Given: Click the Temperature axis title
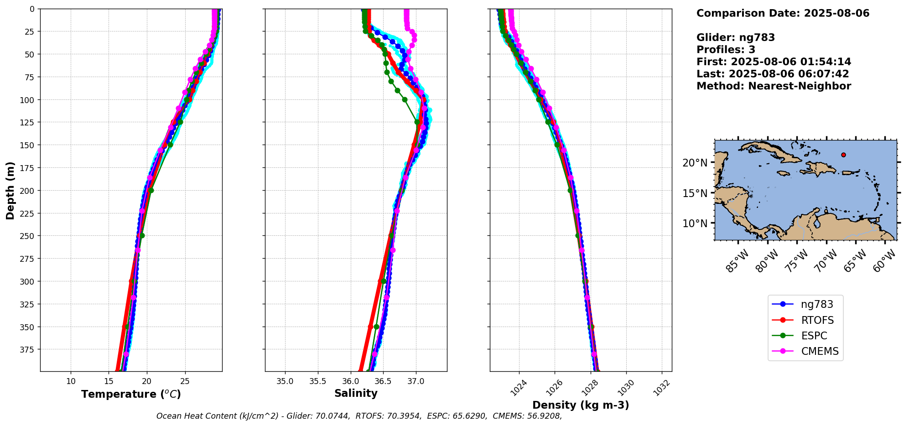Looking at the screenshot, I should click(x=131, y=394).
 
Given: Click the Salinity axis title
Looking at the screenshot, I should click(x=356, y=394).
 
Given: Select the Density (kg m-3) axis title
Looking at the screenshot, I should click(x=581, y=405).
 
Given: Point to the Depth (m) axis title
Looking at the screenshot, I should click(x=10, y=190).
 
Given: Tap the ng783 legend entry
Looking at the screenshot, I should click(x=817, y=304).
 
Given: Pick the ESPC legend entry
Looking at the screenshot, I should click(x=814, y=336).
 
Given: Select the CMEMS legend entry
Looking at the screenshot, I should click(x=820, y=351).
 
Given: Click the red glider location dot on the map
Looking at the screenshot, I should click(x=843, y=155).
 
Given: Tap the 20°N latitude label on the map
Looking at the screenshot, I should click(x=695, y=163).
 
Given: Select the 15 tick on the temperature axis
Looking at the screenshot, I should click(x=109, y=381).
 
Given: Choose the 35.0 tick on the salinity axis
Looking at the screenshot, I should click(x=285, y=381).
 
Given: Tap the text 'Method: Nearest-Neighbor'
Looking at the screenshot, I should click(x=774, y=86).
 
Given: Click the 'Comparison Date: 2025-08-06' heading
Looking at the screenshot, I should click(x=783, y=13).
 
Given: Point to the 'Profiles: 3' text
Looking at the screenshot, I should click(x=726, y=50).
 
